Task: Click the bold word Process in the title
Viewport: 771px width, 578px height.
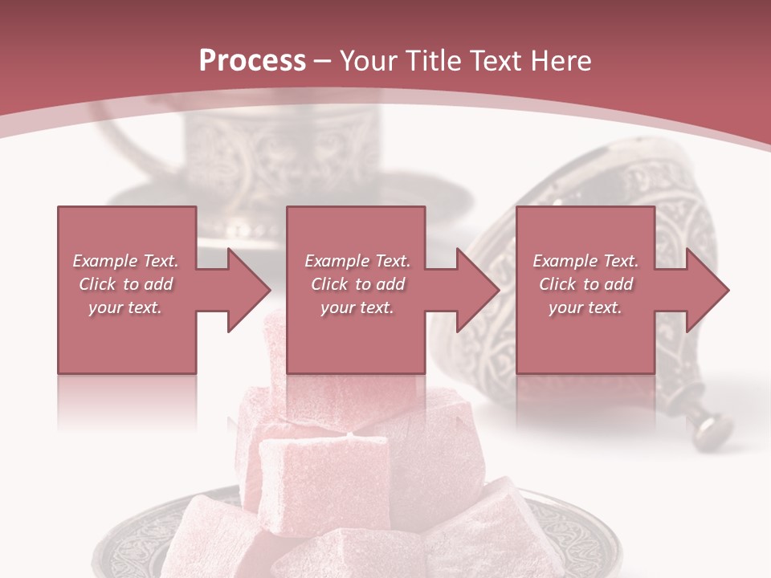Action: (252, 61)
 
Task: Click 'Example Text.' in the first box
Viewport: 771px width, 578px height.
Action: (125, 261)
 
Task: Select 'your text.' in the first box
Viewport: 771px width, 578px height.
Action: (125, 307)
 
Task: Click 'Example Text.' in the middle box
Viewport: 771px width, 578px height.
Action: (357, 261)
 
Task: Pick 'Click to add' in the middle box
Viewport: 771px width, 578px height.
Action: (357, 284)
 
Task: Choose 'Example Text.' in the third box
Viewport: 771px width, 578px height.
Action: (585, 261)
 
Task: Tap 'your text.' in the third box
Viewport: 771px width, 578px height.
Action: (585, 307)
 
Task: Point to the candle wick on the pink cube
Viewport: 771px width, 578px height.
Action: (349, 436)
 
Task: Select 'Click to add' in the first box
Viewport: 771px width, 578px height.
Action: (125, 284)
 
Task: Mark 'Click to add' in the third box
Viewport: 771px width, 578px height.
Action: (585, 284)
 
